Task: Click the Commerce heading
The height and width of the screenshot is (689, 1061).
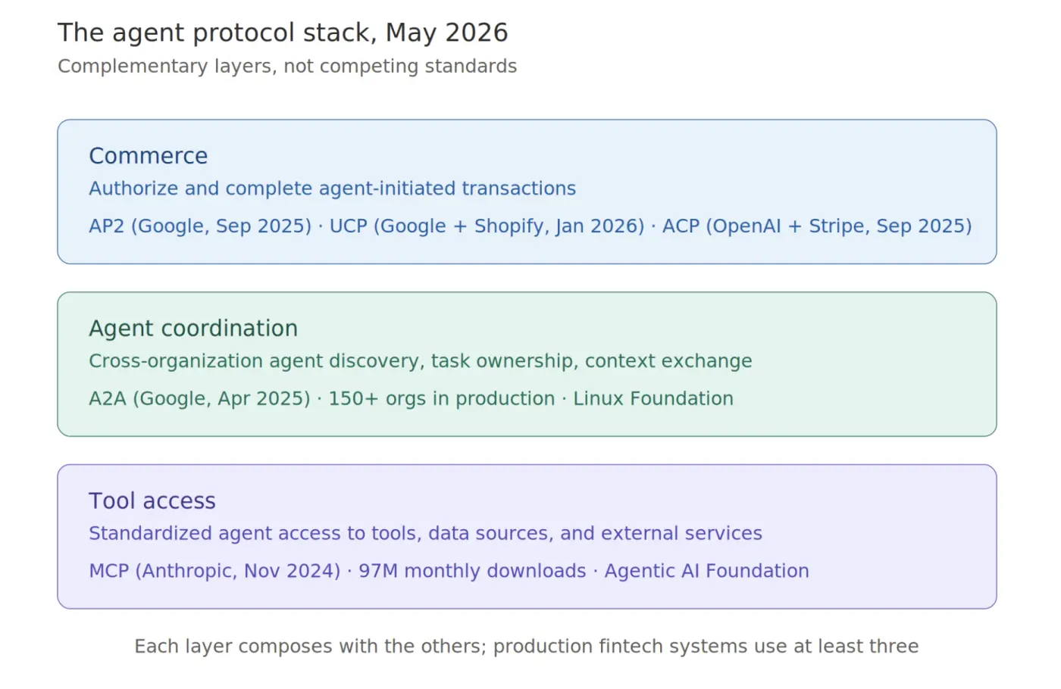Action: [x=149, y=156]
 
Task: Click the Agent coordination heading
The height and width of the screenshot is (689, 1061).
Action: [x=193, y=328]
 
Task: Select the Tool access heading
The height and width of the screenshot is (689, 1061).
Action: [x=152, y=500]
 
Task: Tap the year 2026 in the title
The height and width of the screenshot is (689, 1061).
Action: [x=477, y=33]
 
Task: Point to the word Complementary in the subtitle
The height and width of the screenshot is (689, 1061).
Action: [x=133, y=67]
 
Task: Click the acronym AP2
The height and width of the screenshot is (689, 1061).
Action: [x=107, y=226]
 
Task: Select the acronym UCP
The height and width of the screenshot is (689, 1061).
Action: [x=348, y=226]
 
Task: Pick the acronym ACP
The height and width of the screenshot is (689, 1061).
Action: [x=681, y=226]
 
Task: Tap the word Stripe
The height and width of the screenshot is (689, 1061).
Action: [x=839, y=226]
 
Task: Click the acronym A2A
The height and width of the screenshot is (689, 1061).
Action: [x=108, y=399]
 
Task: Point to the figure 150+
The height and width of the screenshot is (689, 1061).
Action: [x=353, y=399]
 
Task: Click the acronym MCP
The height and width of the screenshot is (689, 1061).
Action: [x=109, y=571]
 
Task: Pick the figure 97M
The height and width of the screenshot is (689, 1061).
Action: [x=378, y=571]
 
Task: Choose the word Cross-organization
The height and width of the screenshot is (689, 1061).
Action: [x=176, y=362]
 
